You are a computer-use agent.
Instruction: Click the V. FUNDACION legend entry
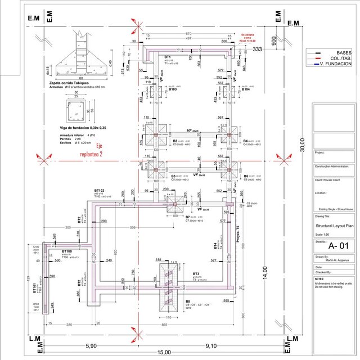(x=336, y=64)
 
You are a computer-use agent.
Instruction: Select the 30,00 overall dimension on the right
(x=301, y=141)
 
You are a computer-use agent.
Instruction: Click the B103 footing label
(x=173, y=89)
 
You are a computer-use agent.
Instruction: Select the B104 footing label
(x=245, y=89)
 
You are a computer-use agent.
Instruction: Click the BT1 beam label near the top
(x=168, y=57)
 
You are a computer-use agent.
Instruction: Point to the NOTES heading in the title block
(x=319, y=278)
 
